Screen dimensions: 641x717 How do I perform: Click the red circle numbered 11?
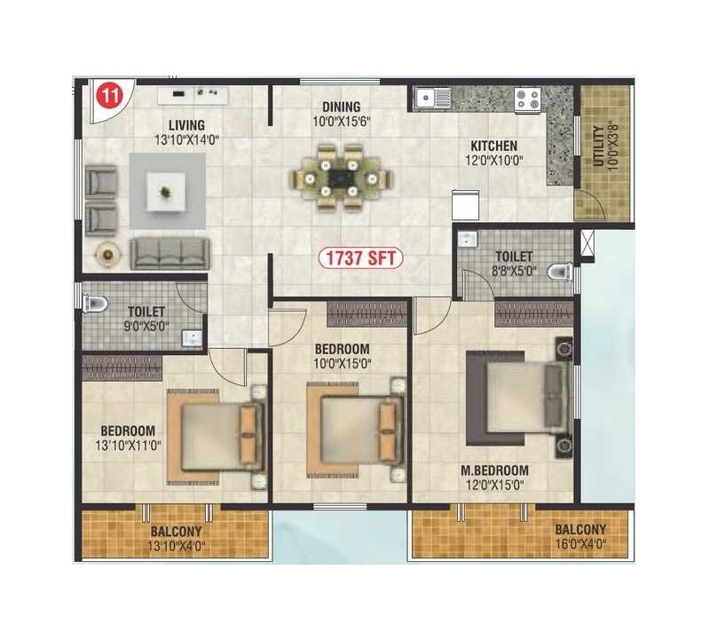click(x=107, y=96)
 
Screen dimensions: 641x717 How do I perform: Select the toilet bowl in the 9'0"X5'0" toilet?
click(x=95, y=304)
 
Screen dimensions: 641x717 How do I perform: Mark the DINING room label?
click(x=341, y=107)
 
